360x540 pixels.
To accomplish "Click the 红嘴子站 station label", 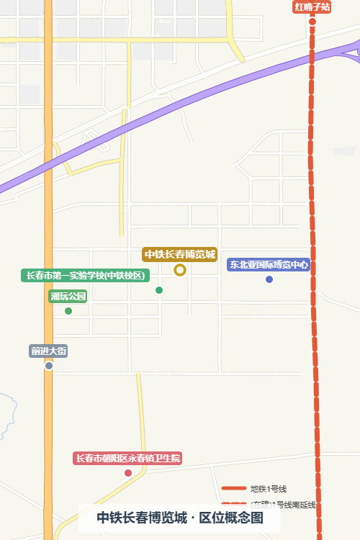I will [312, 7].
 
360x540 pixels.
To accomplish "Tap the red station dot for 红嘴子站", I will [312, 21].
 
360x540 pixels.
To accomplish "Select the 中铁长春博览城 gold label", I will [180, 254].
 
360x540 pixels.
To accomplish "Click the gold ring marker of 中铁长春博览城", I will [180, 270].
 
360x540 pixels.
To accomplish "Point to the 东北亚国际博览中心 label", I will [269, 264].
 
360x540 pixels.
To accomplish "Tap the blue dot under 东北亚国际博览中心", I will [269, 279].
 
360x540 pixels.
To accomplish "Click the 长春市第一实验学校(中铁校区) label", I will [86, 275].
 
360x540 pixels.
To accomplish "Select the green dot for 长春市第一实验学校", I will [159, 290].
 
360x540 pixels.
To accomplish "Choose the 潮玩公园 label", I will [68, 296].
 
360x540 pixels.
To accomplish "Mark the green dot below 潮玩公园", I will [68, 311].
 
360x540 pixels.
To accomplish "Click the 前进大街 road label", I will [49, 351].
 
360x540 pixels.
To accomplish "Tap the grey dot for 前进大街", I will [49, 366].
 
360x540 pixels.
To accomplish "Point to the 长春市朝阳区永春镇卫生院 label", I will [128, 458].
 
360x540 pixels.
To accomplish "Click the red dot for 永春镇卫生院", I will [128, 473].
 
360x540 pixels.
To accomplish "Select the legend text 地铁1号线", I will [268, 489].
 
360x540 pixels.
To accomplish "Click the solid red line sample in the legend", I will [234, 489].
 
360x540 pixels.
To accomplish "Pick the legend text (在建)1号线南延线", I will [283, 504].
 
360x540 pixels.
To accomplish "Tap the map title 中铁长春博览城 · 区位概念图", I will [179, 518].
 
